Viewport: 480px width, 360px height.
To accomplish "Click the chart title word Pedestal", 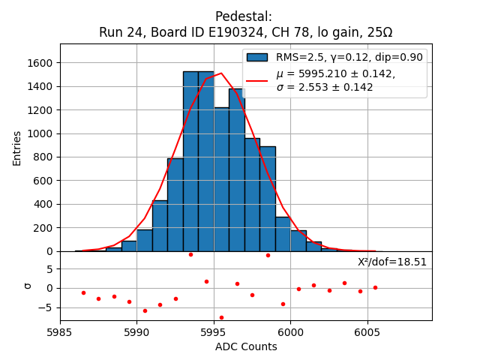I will pos(244,16).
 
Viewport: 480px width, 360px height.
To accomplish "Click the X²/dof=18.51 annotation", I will pos(392,262).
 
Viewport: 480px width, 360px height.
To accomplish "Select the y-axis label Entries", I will pos(17,148).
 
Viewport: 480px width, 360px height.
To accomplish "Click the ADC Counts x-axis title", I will pos(246,346).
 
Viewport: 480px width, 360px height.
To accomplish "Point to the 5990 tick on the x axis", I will pos(136,331).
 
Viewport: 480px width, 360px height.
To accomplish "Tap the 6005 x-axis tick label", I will pos(367,331).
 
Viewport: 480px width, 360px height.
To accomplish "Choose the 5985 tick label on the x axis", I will pos(60,331).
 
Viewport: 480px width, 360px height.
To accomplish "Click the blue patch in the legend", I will pos(256,58).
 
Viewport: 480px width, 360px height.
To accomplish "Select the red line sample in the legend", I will pos(256,79).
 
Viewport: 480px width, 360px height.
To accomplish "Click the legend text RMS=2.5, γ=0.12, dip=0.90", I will pos(349,58).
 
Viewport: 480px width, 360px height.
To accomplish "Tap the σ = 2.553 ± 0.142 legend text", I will pos(325,87).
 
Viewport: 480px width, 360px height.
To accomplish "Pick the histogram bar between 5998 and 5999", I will pos(268,199).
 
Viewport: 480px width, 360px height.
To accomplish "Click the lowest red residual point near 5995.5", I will pos(221,317).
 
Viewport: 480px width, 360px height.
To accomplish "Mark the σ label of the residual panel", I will pos(27,286).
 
